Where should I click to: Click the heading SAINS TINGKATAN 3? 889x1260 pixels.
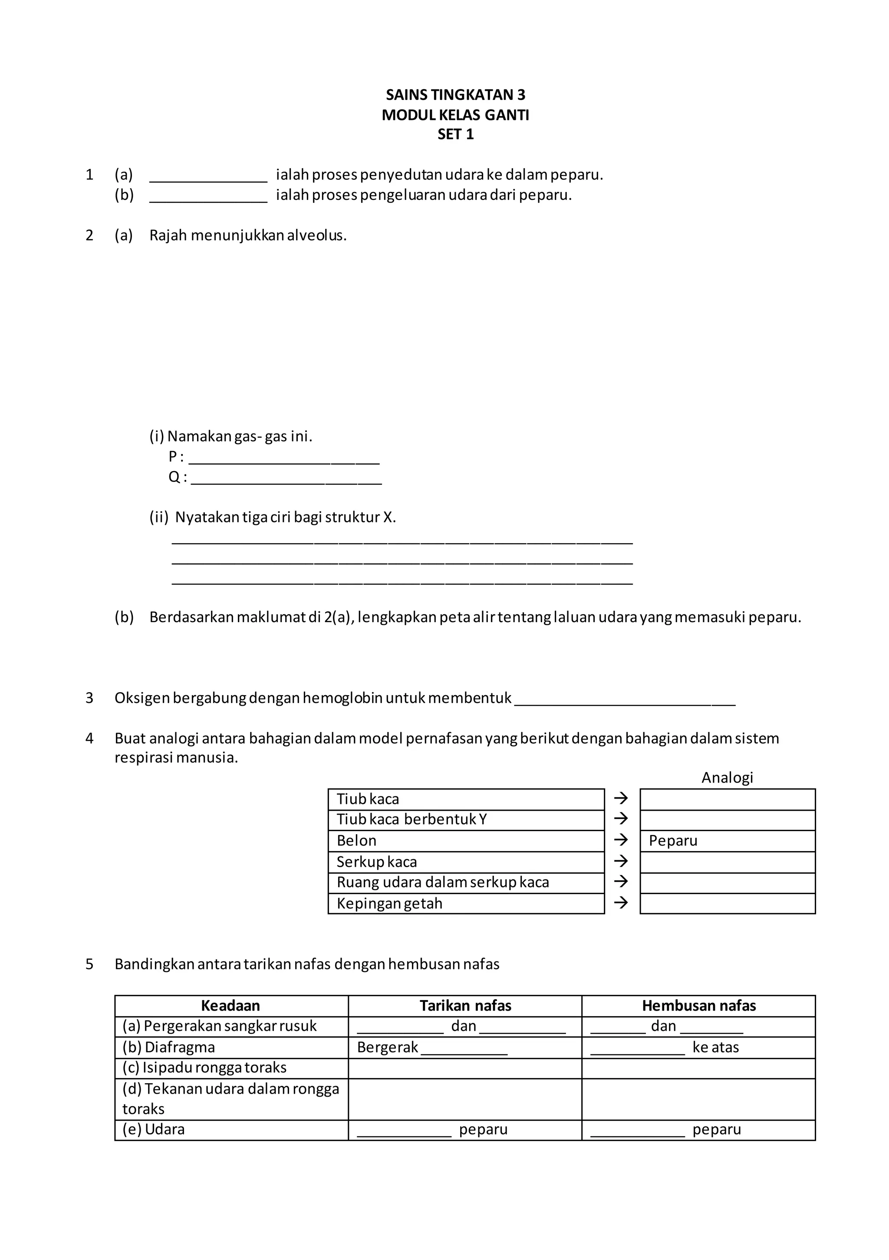[x=455, y=95]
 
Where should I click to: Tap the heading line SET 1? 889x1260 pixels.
[x=455, y=134]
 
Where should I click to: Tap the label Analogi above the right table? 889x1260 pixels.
[x=727, y=777]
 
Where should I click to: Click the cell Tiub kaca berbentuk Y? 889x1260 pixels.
[x=466, y=820]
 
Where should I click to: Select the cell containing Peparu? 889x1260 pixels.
[x=727, y=841]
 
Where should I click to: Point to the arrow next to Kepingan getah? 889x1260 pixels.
[x=621, y=903]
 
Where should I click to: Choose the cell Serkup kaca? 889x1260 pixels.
[x=466, y=862]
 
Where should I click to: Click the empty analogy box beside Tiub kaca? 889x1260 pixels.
[x=727, y=799]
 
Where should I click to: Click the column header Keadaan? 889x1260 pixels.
[x=230, y=1005]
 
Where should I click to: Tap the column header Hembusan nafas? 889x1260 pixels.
[x=698, y=1005]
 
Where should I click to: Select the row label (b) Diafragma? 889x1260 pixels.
[x=169, y=1047]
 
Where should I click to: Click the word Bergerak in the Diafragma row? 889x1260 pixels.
[x=387, y=1047]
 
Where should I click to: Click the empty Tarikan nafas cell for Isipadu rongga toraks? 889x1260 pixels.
[x=464, y=1068]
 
